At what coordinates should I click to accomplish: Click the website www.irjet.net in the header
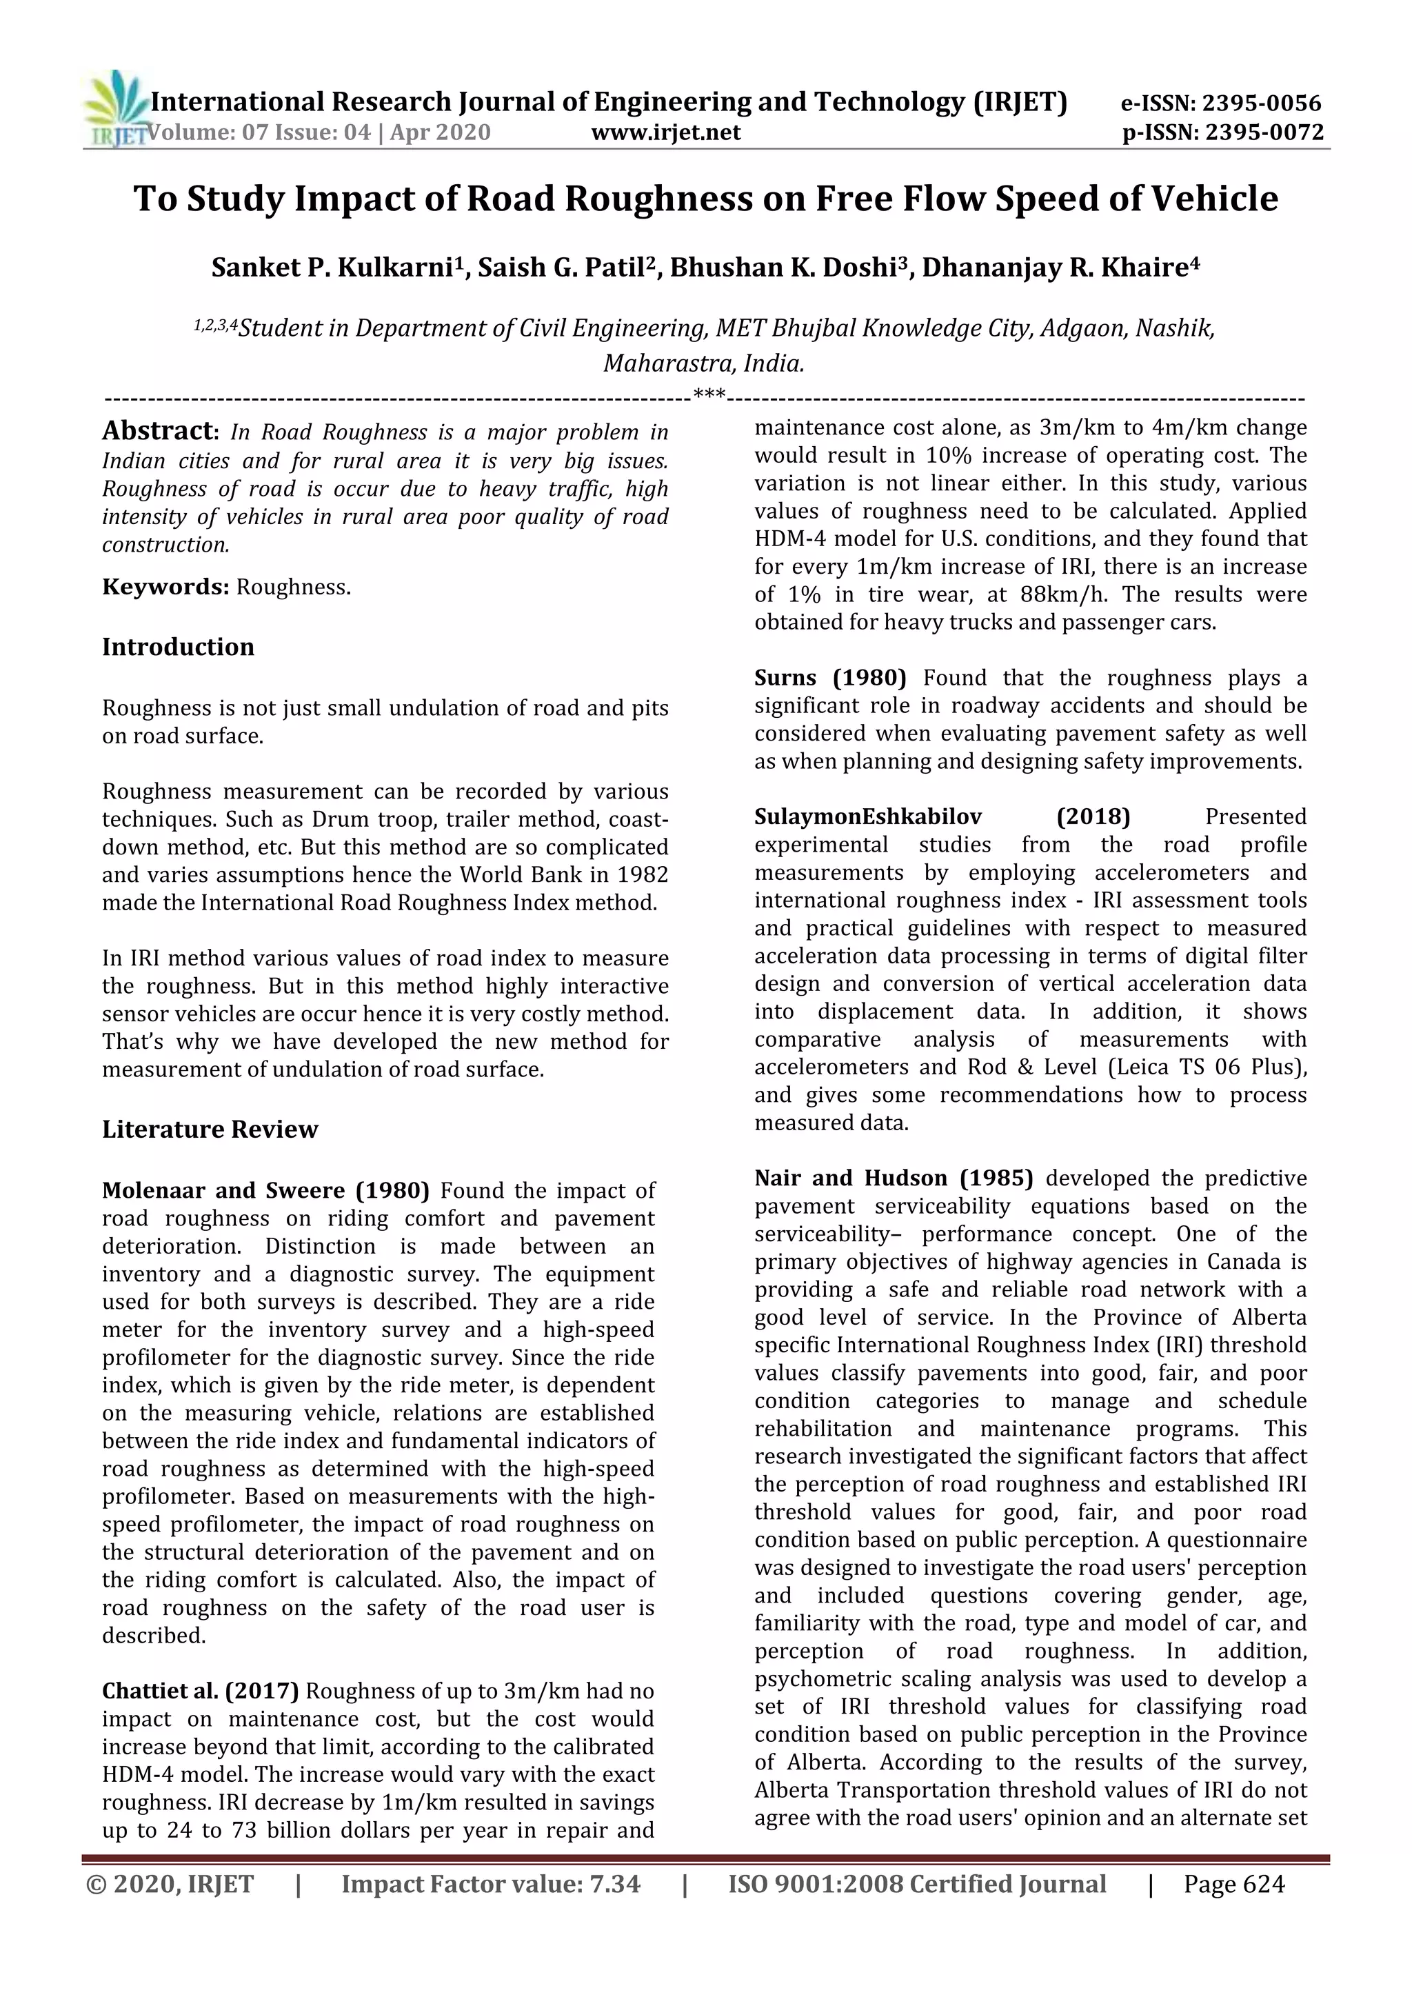(x=665, y=132)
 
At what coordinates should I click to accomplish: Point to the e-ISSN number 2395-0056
(x=1259, y=103)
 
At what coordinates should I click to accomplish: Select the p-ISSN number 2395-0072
(x=1262, y=133)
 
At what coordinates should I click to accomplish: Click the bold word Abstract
(x=157, y=430)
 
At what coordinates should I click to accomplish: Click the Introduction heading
(x=179, y=647)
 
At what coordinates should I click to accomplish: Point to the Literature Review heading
(x=210, y=1129)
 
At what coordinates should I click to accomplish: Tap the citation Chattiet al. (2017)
(x=200, y=1691)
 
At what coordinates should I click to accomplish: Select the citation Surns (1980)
(x=829, y=678)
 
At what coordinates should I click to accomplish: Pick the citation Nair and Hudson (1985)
(x=893, y=1178)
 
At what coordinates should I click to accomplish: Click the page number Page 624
(x=1233, y=1884)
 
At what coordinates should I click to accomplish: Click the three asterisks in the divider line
(x=709, y=396)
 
